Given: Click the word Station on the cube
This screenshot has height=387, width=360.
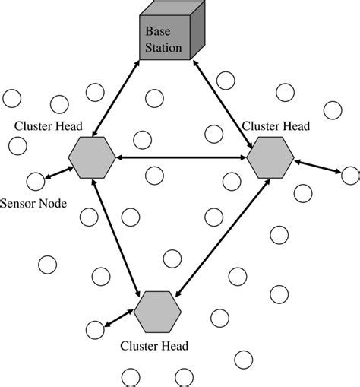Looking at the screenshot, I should click(x=164, y=48).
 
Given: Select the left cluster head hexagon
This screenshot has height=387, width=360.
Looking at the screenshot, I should click(x=92, y=158).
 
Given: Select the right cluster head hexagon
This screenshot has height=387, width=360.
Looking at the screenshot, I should click(x=270, y=159).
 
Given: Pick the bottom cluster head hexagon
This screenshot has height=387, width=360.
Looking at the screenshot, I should click(x=158, y=310).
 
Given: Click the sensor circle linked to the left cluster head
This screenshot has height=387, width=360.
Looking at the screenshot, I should click(x=35, y=182).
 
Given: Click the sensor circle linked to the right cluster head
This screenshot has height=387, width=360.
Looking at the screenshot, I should click(x=350, y=176).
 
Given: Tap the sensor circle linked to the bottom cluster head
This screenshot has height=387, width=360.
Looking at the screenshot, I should click(x=94, y=330).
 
